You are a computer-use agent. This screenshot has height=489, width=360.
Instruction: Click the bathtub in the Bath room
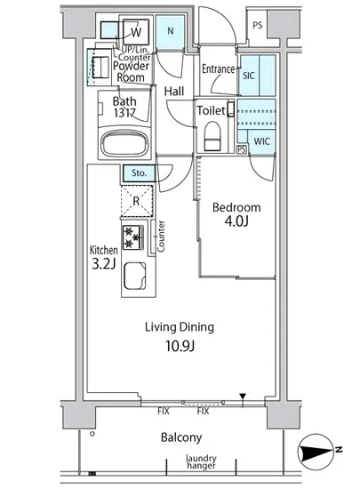click(x=124, y=144)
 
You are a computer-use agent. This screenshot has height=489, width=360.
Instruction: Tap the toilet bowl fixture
click(x=212, y=136)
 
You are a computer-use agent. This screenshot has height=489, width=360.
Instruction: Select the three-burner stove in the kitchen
click(x=132, y=237)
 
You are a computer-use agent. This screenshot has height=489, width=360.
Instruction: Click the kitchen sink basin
click(x=135, y=277)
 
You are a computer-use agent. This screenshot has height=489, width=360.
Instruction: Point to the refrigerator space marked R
click(x=137, y=201)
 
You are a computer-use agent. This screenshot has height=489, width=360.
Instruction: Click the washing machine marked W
click(x=136, y=32)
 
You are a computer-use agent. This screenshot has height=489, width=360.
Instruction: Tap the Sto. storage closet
click(x=139, y=172)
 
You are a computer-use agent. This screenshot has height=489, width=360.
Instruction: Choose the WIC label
click(x=261, y=141)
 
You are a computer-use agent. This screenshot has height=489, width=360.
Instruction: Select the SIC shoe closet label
click(x=248, y=76)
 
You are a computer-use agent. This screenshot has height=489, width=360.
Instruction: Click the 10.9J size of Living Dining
click(x=180, y=346)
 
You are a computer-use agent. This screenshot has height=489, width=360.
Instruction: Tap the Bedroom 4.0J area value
click(x=236, y=221)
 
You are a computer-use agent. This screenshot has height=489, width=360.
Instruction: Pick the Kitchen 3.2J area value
click(x=104, y=264)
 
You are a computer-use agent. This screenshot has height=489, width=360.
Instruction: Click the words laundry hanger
click(x=201, y=461)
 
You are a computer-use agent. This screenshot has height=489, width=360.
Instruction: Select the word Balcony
click(x=181, y=437)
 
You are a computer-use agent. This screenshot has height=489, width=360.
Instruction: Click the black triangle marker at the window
click(x=243, y=397)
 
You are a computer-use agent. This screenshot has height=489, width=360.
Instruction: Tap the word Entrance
click(x=218, y=69)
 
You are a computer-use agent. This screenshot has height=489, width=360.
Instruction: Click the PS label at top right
click(x=258, y=25)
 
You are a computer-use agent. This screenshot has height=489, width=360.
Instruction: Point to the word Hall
click(x=174, y=92)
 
